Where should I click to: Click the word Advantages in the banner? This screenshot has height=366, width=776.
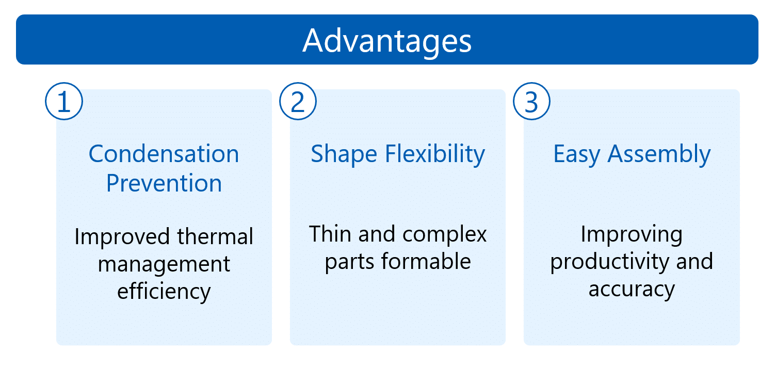click(387, 42)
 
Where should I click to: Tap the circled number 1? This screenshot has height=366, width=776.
click(64, 101)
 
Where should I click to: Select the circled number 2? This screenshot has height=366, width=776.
click(298, 101)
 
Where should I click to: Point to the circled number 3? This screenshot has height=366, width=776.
click(532, 101)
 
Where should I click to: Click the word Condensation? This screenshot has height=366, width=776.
click(164, 154)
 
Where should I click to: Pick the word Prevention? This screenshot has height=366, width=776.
click(164, 183)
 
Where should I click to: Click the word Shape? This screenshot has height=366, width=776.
click(344, 154)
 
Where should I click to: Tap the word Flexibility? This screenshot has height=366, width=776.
click(435, 154)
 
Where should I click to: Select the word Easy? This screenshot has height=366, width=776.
click(576, 154)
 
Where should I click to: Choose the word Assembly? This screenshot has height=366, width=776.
click(659, 154)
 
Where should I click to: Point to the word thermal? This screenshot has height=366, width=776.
click(215, 236)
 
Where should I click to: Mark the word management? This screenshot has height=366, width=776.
click(164, 265)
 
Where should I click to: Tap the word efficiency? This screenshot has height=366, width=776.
click(164, 292)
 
